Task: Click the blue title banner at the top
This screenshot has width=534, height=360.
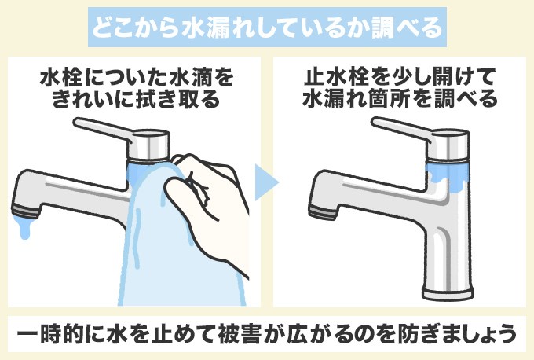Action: point(267,29)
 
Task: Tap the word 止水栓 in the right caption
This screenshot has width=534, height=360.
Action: point(331,79)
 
